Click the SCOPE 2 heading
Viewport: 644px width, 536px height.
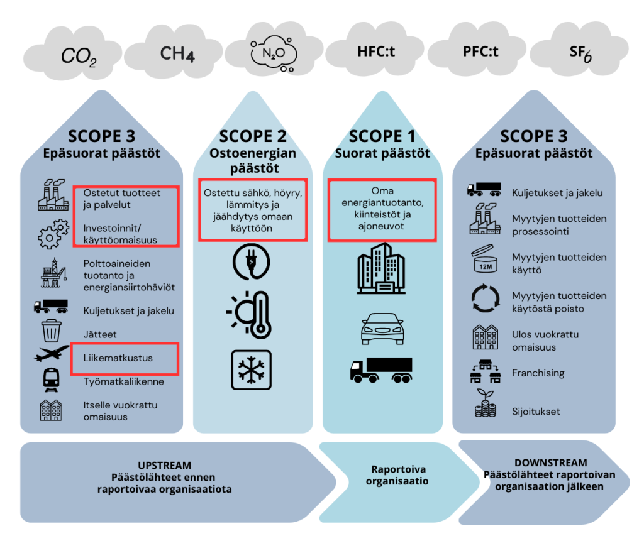click(x=253, y=136)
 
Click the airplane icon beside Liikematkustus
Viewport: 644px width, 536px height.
click(x=51, y=354)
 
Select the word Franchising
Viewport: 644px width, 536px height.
click(x=538, y=373)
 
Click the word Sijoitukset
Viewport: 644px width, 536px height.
click(x=536, y=412)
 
